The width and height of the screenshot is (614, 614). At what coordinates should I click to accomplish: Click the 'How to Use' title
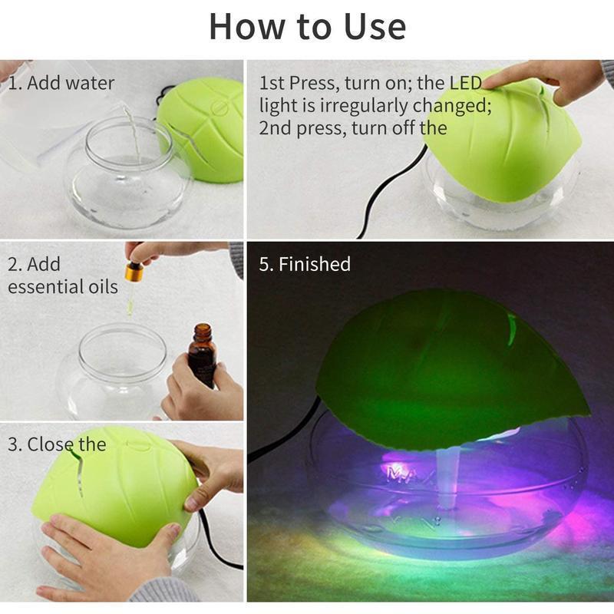[x=307, y=27]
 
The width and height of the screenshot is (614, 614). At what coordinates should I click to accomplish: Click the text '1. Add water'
[x=61, y=83]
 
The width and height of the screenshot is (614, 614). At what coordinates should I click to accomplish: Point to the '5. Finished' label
[x=305, y=265]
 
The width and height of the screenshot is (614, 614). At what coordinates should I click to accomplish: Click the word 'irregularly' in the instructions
[x=345, y=106]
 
